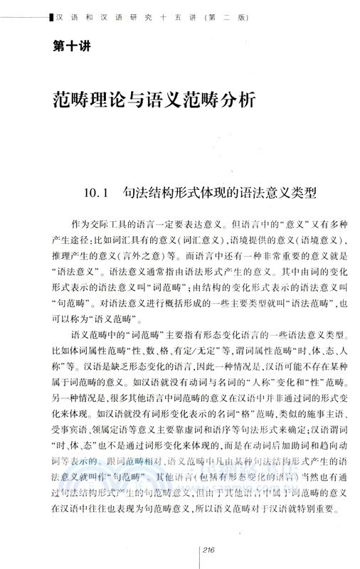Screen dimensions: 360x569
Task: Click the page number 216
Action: [209, 547]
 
